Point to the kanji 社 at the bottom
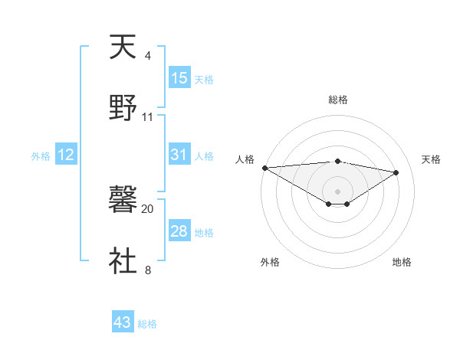coord(123,260)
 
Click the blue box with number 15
coord(179,78)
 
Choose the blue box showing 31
coord(179,155)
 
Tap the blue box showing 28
coord(179,231)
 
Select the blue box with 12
coord(66,155)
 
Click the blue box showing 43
coord(123,322)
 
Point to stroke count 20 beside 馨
coord(148,208)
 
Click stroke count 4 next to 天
coord(147,56)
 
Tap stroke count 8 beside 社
coord(147,270)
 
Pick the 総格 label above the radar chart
coord(337,100)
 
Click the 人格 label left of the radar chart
coord(245,159)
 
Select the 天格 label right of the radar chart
coord(431,159)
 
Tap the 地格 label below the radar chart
coord(402,262)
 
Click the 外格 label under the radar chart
coord(270,262)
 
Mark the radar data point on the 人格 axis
coord(264,168)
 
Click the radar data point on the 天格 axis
coord(396,172)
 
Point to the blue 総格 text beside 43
coord(147,324)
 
